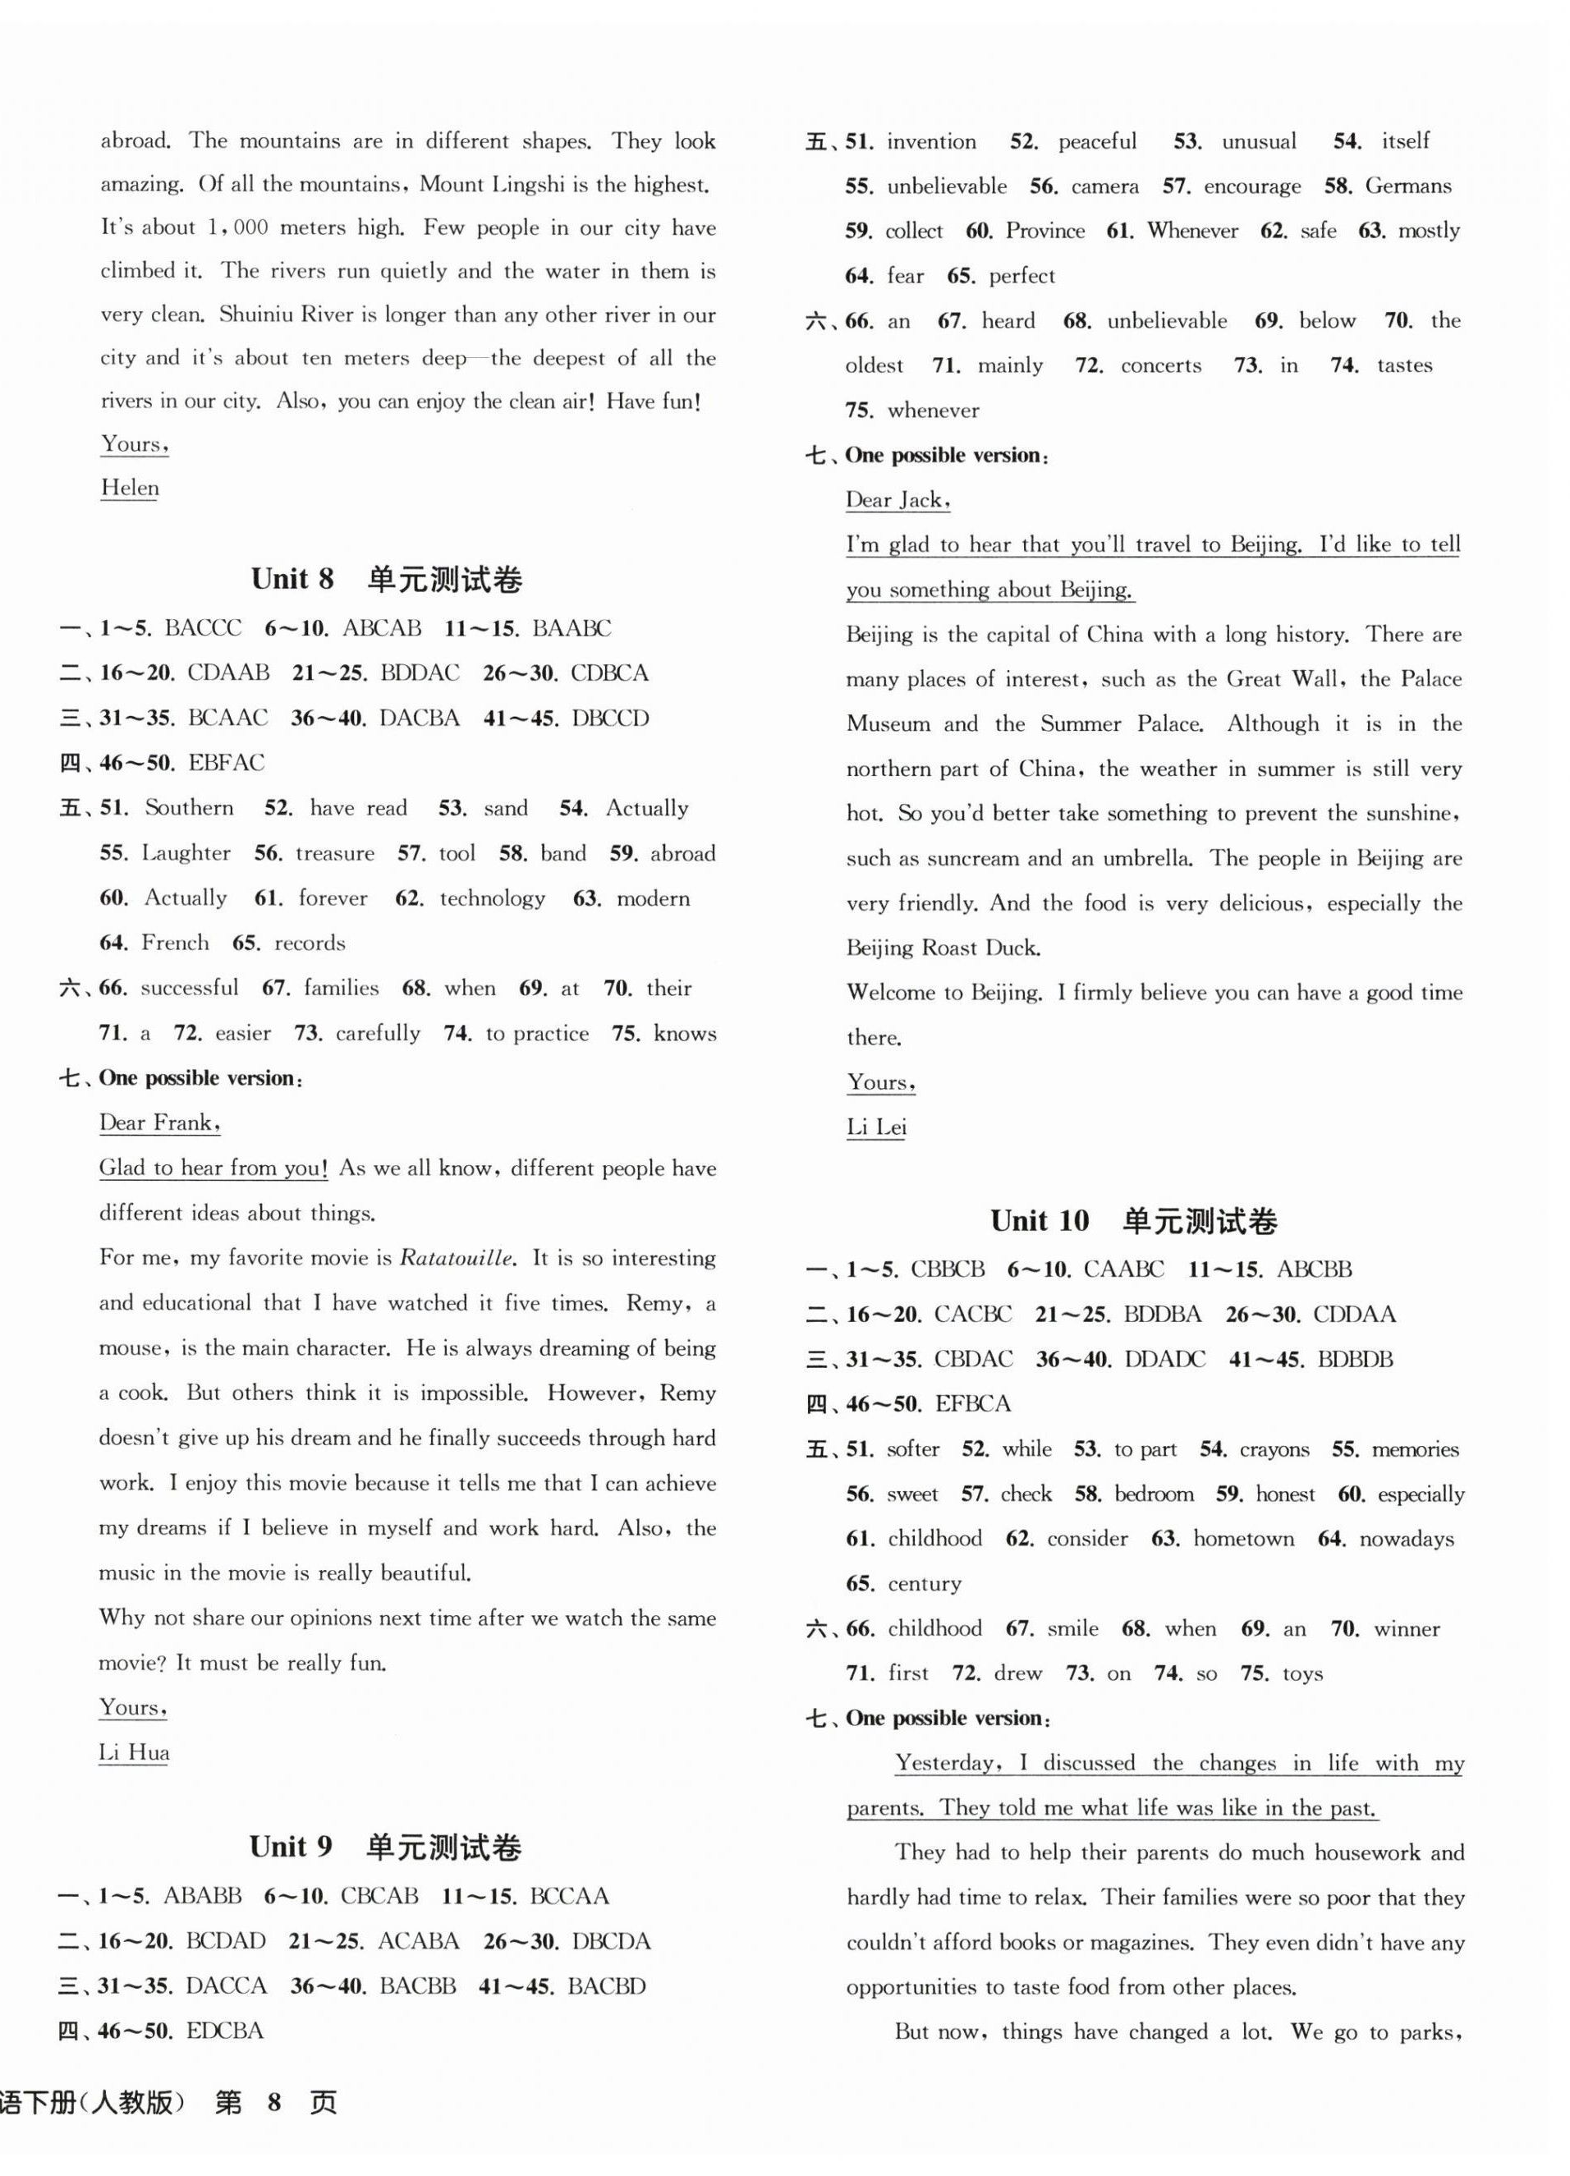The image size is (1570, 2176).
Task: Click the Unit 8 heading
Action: tap(386, 580)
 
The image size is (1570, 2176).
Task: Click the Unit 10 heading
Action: tap(1133, 1221)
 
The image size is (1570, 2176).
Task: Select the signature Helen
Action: tap(130, 489)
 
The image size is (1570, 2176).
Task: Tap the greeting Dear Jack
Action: tap(897, 500)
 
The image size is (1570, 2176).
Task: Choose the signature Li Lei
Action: tap(875, 1127)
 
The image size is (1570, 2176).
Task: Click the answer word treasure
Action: tap(334, 854)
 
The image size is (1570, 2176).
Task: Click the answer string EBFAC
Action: tap(227, 764)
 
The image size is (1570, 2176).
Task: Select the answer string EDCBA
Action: tap(223, 2031)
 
